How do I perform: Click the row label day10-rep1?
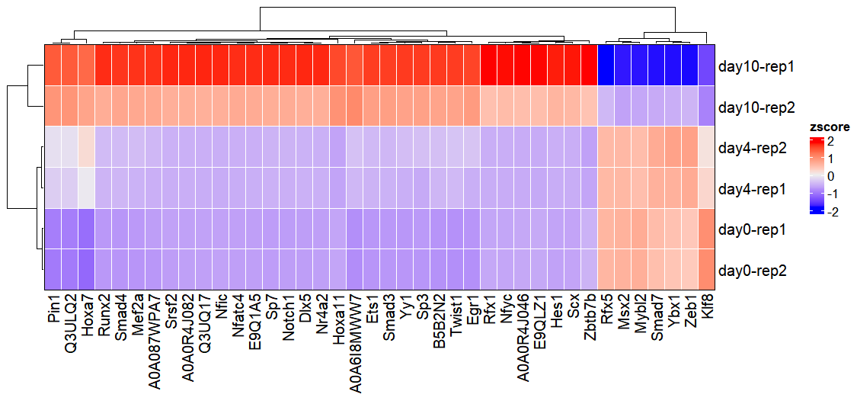coord(756,66)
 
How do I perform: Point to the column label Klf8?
coord(706,309)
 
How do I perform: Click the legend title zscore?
coord(830,127)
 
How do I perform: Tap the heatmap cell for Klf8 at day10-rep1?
coord(706,66)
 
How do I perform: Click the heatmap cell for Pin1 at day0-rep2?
coord(52,269)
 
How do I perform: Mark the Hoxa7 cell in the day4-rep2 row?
coord(85,147)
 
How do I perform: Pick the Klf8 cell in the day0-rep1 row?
coord(706,229)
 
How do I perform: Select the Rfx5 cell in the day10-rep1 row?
coord(606,66)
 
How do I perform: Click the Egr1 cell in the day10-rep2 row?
coord(472,107)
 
